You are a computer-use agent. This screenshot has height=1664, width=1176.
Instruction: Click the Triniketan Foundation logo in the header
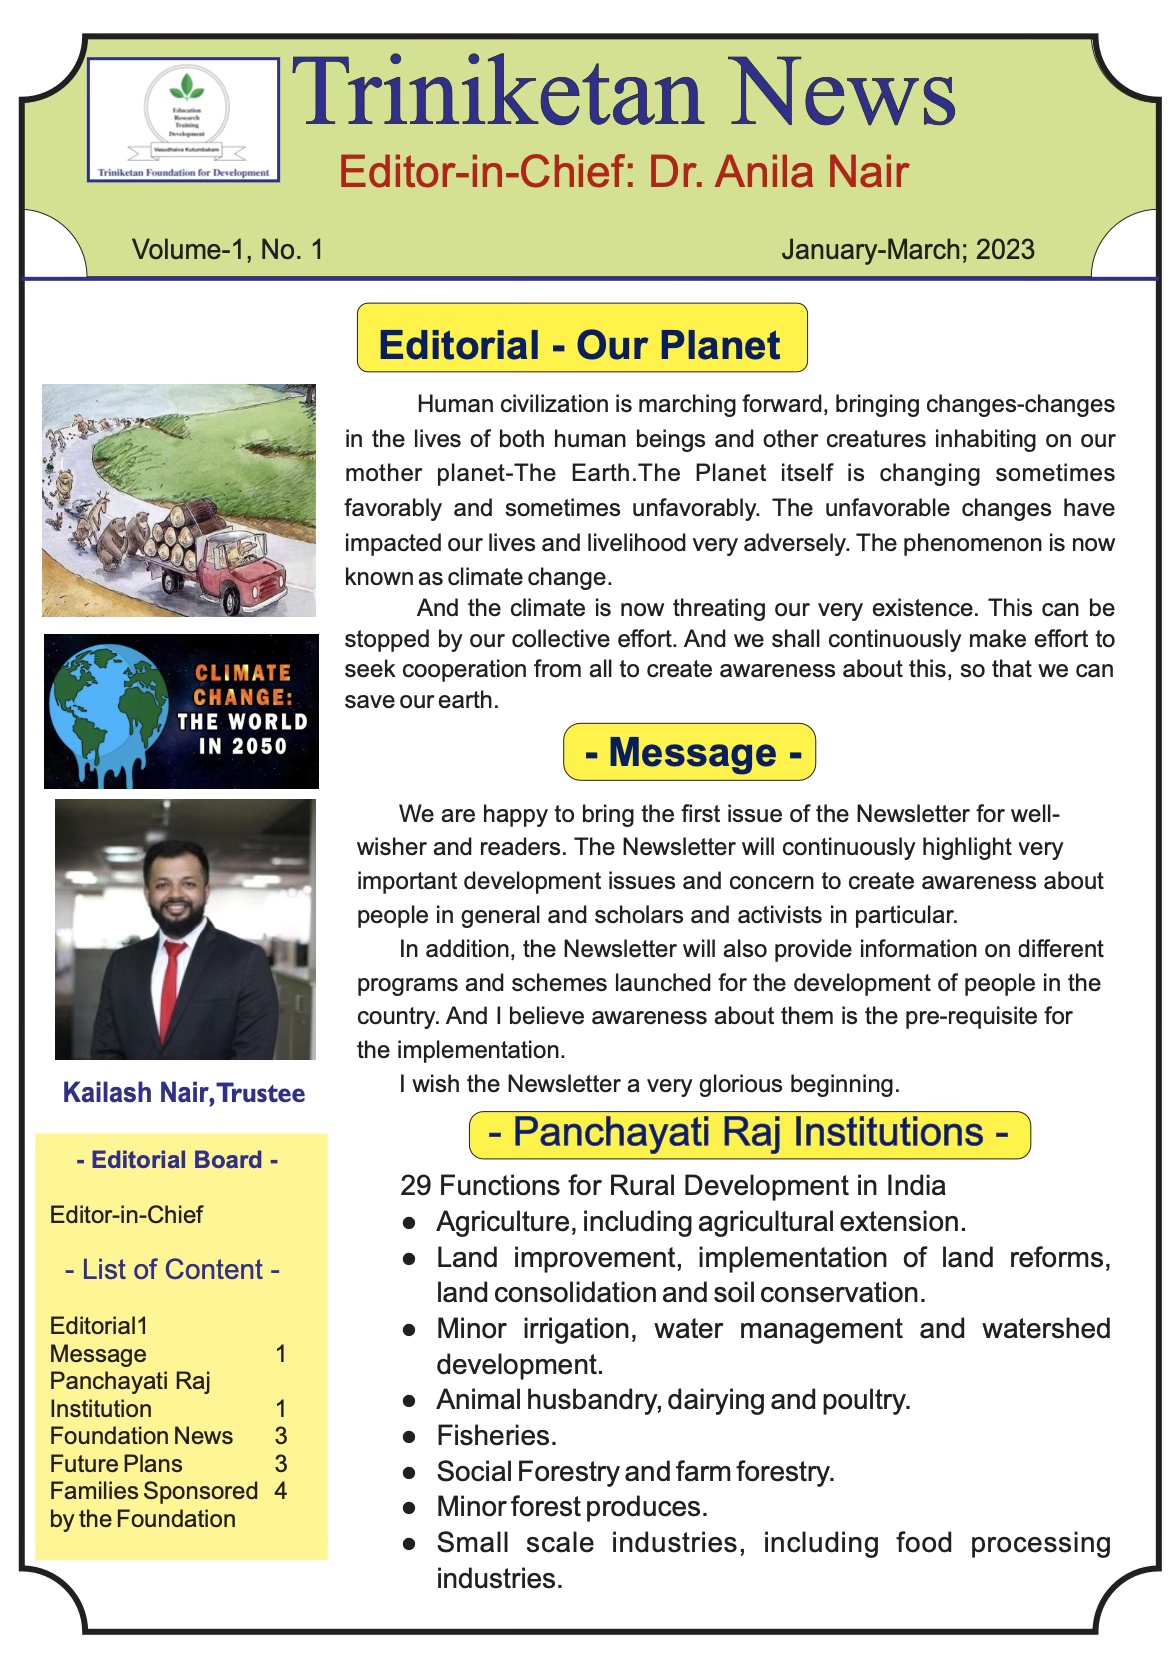click(x=184, y=119)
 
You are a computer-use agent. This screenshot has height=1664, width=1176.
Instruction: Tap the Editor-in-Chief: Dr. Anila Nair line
click(x=623, y=172)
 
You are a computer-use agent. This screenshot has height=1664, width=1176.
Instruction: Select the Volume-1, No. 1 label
click(x=227, y=249)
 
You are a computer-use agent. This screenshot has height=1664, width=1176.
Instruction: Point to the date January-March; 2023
click(x=907, y=249)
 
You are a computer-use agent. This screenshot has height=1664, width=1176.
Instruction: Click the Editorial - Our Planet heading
click(x=580, y=345)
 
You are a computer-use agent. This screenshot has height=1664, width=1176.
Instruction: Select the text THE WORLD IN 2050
click(x=242, y=734)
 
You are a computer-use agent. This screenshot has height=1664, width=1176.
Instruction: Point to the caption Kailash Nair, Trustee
click(x=184, y=1093)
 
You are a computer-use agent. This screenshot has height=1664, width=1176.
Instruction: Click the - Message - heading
click(x=691, y=752)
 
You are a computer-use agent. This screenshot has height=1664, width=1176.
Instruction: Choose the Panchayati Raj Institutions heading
click(x=748, y=1133)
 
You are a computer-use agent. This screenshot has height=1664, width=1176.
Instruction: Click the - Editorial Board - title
click(x=177, y=1160)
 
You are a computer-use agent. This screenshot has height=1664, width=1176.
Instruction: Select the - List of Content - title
click(x=172, y=1270)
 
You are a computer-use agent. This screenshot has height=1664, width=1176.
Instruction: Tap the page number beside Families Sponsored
click(x=281, y=1491)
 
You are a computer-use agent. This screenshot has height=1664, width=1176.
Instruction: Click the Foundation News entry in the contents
click(x=141, y=1436)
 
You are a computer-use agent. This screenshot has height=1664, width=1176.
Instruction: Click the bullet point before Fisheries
click(x=409, y=1437)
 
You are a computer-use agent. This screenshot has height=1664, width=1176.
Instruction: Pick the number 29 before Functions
click(x=416, y=1186)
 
